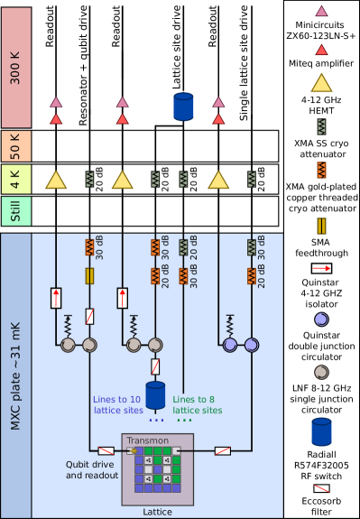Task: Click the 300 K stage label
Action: [15, 68]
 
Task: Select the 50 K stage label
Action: [15, 145]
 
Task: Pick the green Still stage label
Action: [15, 211]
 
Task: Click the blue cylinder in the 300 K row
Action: [184, 107]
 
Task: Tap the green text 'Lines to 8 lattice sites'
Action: [198, 404]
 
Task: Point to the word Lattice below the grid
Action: [157, 512]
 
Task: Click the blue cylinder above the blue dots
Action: [156, 395]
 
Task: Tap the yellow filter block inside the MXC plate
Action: [89, 275]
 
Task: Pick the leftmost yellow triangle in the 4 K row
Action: [56, 180]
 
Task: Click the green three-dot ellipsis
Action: [183, 421]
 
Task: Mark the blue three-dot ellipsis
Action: [156, 421]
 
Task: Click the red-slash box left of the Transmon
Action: [106, 450]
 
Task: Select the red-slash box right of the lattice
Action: [222, 450]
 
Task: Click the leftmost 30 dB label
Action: [99, 248]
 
